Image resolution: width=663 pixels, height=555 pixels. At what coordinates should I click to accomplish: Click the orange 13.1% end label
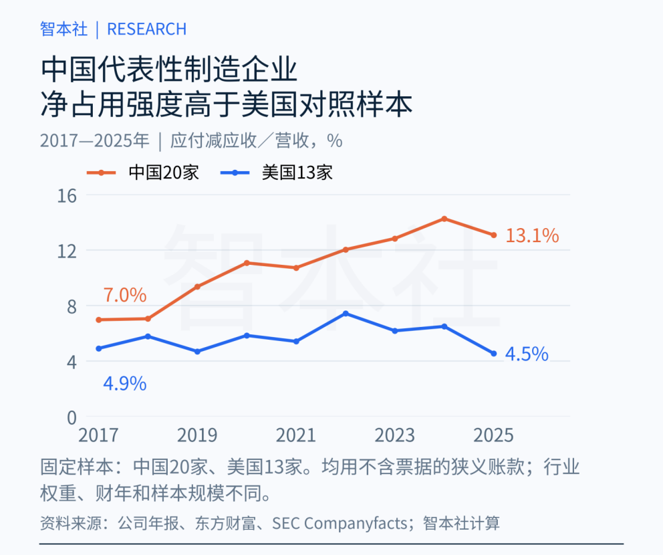(532, 235)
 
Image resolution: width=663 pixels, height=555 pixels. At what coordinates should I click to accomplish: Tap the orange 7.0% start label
(125, 296)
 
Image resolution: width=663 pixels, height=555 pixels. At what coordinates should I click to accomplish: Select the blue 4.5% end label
(527, 354)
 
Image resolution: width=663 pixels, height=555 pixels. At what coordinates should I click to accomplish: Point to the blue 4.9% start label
(125, 384)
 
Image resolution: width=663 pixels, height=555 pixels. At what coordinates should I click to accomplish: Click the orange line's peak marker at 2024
(444, 219)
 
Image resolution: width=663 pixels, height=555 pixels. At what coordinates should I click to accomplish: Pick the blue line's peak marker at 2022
(346, 314)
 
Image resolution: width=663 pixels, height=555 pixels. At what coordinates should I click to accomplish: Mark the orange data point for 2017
(98, 320)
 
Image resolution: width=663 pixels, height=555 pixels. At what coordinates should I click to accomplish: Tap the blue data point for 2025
(494, 354)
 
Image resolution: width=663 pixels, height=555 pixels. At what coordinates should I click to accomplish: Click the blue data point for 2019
(197, 352)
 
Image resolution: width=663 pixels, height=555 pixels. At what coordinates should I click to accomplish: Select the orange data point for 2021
(296, 267)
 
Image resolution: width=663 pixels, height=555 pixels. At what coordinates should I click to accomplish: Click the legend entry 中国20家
(143, 173)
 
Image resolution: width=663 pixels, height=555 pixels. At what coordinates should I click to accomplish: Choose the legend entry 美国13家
(277, 173)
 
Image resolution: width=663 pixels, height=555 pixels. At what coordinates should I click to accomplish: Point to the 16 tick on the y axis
(67, 197)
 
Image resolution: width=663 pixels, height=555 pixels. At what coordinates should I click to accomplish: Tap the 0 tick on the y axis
(72, 418)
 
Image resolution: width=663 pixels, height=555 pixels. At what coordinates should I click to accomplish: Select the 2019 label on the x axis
(197, 435)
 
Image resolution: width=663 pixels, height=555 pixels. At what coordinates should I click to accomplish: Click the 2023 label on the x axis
(395, 435)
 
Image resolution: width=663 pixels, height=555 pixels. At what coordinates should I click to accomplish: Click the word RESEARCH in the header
(147, 29)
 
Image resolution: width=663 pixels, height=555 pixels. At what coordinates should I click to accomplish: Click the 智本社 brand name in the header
(64, 29)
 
